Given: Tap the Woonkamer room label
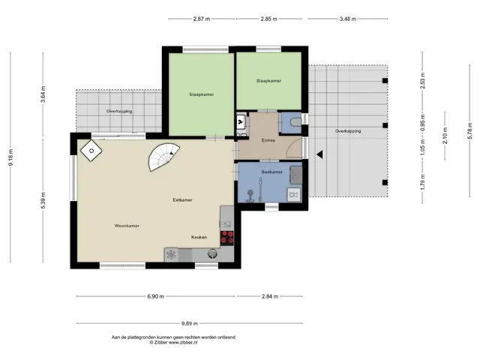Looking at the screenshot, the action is point(127,226).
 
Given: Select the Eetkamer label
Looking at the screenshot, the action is point(182,200).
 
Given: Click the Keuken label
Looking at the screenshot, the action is point(199,237).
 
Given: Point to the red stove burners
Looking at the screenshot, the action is point(227,238).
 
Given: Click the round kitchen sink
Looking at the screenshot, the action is point(212,253).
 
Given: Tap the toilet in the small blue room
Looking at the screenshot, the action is point(295,122).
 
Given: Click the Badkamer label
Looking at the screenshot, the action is point(271,172).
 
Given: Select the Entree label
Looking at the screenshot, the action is point(268,140).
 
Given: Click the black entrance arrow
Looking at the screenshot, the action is point(319,154).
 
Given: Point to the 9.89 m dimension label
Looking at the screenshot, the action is point(190,323).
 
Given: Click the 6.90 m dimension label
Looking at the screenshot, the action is point(155,296).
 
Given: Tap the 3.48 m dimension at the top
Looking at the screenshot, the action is point(348,19).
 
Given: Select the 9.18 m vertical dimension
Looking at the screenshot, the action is point(10,157).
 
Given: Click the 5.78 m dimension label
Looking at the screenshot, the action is point(470,130).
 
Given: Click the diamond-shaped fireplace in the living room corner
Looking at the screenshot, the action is point(91,151).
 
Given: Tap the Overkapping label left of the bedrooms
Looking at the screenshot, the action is point(119,112).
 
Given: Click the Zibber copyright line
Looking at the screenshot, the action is point(173,343).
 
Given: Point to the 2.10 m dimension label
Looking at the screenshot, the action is point(445,136).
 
